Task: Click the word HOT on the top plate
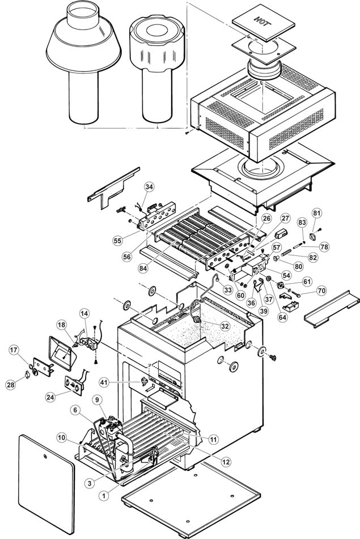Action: [262, 22]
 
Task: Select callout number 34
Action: [149, 187]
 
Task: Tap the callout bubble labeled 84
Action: [143, 268]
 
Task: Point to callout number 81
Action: [317, 213]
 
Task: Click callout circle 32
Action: [225, 326]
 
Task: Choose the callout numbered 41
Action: [104, 382]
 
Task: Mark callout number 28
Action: [11, 384]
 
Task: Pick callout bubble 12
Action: [226, 462]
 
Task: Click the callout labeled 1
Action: [104, 495]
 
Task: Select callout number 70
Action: [321, 291]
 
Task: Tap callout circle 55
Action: [117, 241]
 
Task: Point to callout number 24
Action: [50, 397]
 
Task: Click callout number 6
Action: [76, 410]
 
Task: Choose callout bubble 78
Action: [324, 247]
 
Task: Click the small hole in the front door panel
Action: [45, 456]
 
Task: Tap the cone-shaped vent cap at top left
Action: [83, 62]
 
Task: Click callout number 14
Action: [84, 314]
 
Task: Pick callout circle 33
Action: [227, 290]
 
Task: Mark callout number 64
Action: [282, 317]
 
